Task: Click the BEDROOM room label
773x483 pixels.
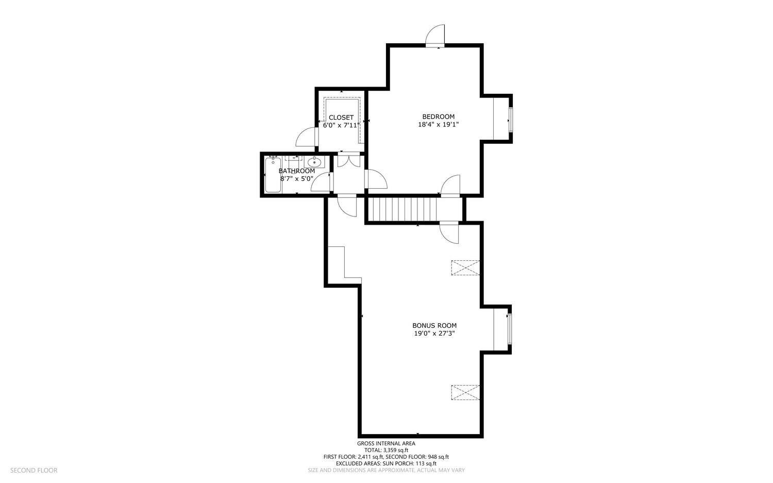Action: pos(438,116)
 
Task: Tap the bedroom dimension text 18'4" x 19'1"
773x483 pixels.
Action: pos(438,125)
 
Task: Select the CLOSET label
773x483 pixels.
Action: pos(341,118)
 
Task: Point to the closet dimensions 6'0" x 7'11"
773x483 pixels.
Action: pos(341,125)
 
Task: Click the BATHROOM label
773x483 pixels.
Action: pos(297,171)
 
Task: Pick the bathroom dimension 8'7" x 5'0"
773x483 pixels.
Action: pos(297,179)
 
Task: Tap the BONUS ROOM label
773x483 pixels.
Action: pos(434,326)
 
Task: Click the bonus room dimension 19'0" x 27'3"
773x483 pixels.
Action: pos(434,334)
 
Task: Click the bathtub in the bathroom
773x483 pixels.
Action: pos(273,175)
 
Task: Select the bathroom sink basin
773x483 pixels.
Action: pos(314,161)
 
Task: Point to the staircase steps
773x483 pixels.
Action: pos(402,209)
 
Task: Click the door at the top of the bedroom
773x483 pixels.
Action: pos(435,36)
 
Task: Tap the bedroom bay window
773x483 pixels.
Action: pos(510,120)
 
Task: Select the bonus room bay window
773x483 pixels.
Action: pos(509,329)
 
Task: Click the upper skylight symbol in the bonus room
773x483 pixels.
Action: pos(465,268)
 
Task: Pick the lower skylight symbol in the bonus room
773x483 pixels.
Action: pos(465,393)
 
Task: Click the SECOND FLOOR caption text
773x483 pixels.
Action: pos(34,471)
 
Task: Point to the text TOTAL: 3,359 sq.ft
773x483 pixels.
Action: pos(386,450)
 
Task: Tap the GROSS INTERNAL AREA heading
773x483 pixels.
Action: pos(386,444)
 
